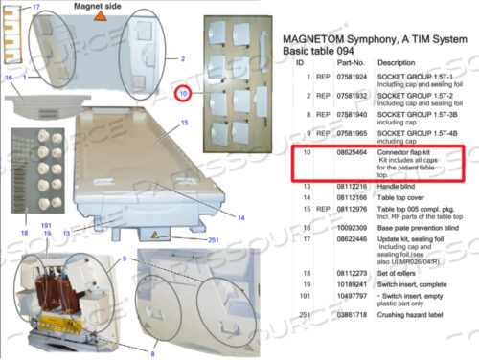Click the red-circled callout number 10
point(184,94)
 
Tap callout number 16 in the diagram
point(9,77)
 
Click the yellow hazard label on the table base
point(151,235)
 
